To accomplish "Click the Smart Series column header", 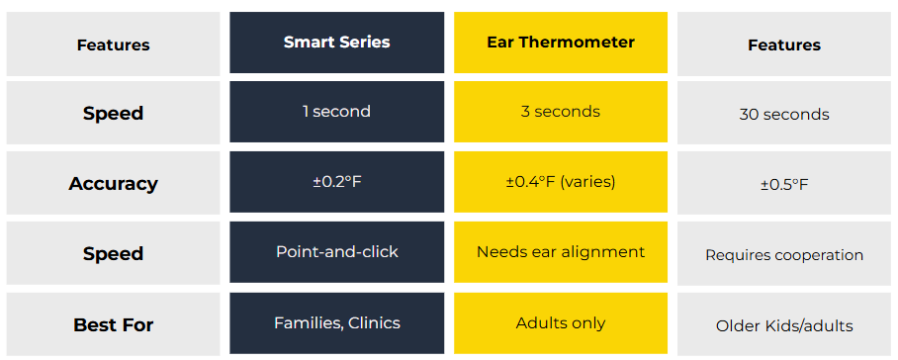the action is click(x=336, y=43).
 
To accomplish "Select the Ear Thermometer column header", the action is click(x=561, y=43).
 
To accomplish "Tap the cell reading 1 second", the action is click(x=336, y=112).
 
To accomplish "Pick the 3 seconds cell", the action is click(x=561, y=112).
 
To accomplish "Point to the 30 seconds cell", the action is click(x=784, y=114).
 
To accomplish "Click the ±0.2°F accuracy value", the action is click(x=336, y=182).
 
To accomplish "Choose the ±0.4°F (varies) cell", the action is click(x=561, y=182).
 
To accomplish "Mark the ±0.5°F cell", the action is click(x=784, y=184).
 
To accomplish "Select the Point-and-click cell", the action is click(x=336, y=252).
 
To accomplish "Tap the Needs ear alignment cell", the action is click(x=561, y=252).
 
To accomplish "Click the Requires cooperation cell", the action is click(x=784, y=254).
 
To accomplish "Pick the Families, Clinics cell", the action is click(x=336, y=323).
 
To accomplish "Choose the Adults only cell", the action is click(x=561, y=323).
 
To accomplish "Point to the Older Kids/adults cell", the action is click(x=784, y=325).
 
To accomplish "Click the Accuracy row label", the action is click(x=113, y=184).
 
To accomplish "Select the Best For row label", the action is click(x=113, y=325).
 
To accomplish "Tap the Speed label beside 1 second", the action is click(x=113, y=114).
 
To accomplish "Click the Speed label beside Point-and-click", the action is click(x=113, y=254).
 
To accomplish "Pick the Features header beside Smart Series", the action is click(x=113, y=45).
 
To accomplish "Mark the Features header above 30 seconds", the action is click(x=784, y=45).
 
